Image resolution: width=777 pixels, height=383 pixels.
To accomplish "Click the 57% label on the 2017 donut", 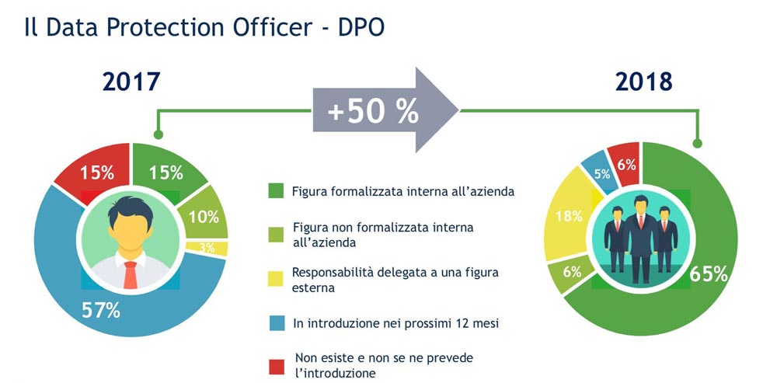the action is pos(100,310).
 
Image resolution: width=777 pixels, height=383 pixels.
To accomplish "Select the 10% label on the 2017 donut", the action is pos(204,217).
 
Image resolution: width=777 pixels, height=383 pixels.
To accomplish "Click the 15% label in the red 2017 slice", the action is pos(98,172).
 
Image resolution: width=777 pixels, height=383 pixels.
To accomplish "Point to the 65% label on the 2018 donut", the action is pos(709,274).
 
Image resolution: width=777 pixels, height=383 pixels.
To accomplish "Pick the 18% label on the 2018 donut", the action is pos(569,216).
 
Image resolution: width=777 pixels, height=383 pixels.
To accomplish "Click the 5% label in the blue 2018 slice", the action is pos(602,174).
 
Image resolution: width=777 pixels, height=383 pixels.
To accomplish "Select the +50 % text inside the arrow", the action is pos(373,112).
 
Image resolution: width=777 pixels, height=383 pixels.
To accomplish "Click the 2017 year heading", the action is pos(131,82).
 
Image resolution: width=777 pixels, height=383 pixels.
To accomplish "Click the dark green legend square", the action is pos(276,191).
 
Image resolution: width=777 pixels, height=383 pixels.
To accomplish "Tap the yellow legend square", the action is pos(276,278).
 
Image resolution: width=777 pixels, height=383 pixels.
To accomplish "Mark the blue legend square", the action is pos(276,323).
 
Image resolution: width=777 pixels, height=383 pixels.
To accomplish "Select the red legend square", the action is pos(276,367).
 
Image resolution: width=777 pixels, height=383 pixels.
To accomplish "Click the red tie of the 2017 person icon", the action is pos(131,275).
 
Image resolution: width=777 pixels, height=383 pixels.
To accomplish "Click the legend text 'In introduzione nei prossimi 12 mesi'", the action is pos(395,323).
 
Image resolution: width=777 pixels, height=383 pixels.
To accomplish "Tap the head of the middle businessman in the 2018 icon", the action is pos(641,203).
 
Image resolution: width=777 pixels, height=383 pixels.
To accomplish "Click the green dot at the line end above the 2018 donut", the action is pos(697,144).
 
